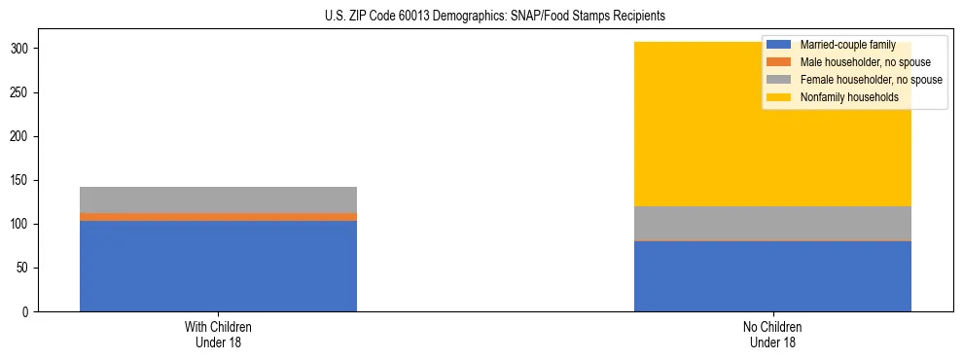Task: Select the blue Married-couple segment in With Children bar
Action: [x=218, y=266]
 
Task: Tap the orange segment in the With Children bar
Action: [x=218, y=217]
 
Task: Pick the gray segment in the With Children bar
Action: [x=218, y=199]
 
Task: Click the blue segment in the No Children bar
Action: [x=772, y=276]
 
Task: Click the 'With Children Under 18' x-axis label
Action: [x=218, y=335]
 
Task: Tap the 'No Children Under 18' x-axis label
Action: [x=772, y=335]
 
